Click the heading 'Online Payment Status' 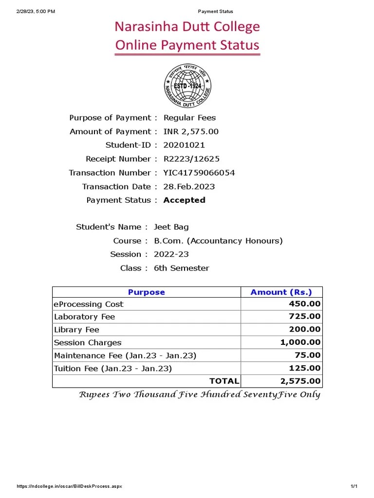point(187,45)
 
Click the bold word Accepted point(184,200)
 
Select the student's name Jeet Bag point(171,227)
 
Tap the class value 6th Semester point(181,268)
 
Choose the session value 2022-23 point(171,254)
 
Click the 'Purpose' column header point(146,292)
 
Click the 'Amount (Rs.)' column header point(281,292)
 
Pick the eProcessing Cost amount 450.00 point(305,304)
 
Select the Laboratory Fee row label point(84,317)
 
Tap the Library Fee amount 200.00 point(305,329)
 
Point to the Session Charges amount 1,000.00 point(300,342)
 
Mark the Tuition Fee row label point(112,369)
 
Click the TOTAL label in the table point(224,381)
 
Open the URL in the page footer point(69,486)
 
